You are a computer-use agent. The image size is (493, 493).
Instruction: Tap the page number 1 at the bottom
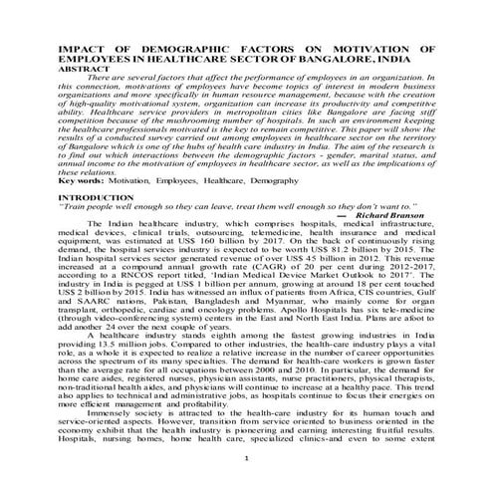pos(246,485)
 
